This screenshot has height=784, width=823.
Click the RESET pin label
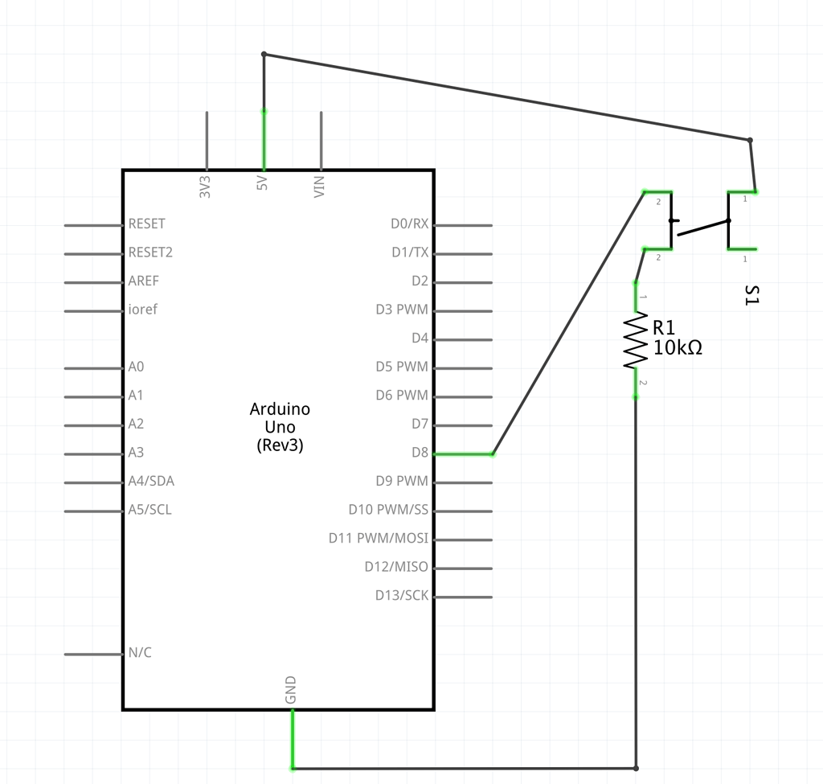click(146, 224)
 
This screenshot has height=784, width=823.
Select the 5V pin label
click(262, 184)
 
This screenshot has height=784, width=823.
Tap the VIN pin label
click(320, 187)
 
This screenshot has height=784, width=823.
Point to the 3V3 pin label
click(205, 187)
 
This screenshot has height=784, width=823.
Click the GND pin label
click(291, 691)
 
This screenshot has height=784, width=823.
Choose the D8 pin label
click(420, 453)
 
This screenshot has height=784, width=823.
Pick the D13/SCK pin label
click(402, 596)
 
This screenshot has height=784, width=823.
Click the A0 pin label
click(137, 367)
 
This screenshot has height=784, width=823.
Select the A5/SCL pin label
click(150, 510)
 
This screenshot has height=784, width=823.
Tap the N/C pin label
click(140, 653)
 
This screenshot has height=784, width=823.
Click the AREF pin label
click(144, 281)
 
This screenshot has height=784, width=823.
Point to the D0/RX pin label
click(410, 224)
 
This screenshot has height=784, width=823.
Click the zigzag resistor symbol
click(636, 341)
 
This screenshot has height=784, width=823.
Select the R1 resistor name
click(664, 328)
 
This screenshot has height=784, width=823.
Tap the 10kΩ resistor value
click(678, 348)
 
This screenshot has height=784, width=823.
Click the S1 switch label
click(751, 295)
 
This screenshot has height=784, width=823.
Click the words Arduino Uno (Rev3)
click(280, 427)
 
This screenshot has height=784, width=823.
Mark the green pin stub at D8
click(464, 454)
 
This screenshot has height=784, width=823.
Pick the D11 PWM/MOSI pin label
click(379, 538)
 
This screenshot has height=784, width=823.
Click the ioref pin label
click(143, 310)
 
